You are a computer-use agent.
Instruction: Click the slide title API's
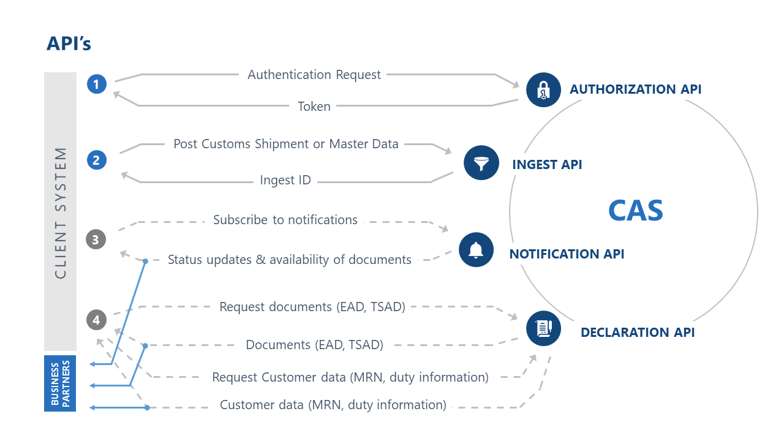point(69,43)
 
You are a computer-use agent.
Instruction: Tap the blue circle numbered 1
point(97,84)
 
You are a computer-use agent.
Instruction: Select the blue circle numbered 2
point(97,160)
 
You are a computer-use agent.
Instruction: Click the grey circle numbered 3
point(96,239)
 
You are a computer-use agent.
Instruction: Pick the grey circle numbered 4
point(96,319)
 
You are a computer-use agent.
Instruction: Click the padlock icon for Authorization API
point(543,89)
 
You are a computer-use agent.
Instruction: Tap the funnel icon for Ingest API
point(481,163)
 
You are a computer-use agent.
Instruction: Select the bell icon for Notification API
point(476,249)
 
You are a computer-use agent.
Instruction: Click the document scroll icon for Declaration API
point(543,328)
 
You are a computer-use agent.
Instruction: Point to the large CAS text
point(635,211)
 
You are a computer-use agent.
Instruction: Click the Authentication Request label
point(314,75)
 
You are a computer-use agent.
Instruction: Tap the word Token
point(314,107)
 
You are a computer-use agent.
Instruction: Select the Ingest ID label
point(285,181)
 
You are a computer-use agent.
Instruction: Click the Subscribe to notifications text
point(285,220)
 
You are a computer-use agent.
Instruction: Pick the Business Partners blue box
point(60,383)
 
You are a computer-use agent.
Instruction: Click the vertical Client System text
point(60,213)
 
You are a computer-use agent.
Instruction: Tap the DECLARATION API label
point(638,333)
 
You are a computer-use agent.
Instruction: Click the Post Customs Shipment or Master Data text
point(286,144)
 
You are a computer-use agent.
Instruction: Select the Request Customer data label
point(350,377)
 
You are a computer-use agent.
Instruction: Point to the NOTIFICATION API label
point(567,254)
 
